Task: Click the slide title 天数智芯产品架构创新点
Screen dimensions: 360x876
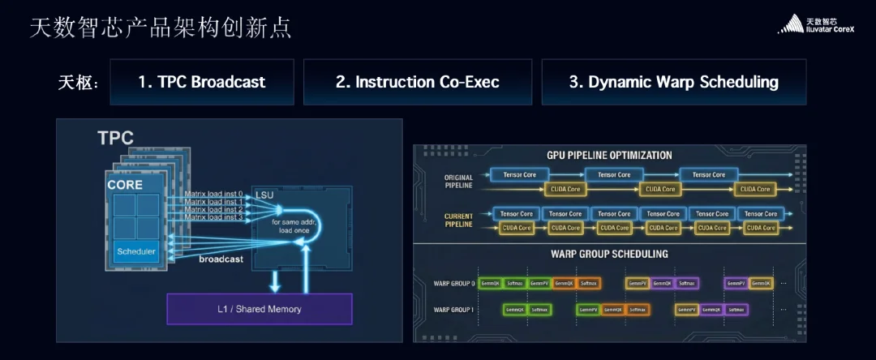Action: pyautogui.click(x=161, y=28)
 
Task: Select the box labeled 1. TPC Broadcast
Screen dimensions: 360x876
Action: pyautogui.click(x=201, y=82)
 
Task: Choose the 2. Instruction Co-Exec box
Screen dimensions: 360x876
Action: pyautogui.click(x=417, y=82)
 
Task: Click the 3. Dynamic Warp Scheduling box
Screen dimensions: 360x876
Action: pyautogui.click(x=673, y=82)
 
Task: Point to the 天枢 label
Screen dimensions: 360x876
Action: pyautogui.click(x=78, y=83)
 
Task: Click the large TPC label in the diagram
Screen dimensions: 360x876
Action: pyautogui.click(x=115, y=138)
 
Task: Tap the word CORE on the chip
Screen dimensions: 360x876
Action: pyautogui.click(x=125, y=185)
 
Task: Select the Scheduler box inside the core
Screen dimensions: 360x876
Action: pyautogui.click(x=135, y=251)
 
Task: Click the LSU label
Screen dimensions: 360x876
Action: pyautogui.click(x=266, y=195)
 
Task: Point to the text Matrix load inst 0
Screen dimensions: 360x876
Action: pyautogui.click(x=213, y=193)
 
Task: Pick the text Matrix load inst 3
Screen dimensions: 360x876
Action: pyautogui.click(x=213, y=217)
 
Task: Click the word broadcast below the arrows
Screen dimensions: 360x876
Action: pyautogui.click(x=221, y=259)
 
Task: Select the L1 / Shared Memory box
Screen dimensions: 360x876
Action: pyautogui.click(x=260, y=309)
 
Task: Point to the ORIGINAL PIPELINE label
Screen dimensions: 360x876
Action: pyautogui.click(x=458, y=182)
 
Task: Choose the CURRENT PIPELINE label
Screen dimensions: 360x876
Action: pyautogui.click(x=458, y=221)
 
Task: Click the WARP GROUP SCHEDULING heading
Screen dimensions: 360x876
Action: pyautogui.click(x=609, y=254)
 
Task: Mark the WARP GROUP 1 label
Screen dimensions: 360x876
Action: pyautogui.click(x=454, y=310)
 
